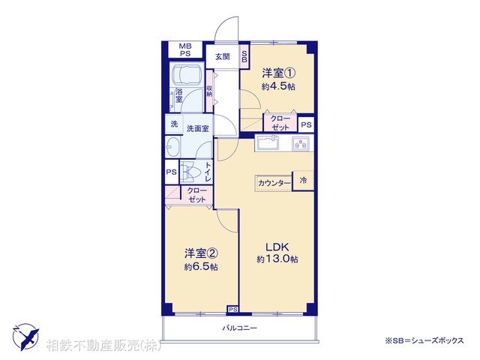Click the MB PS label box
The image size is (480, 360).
pyautogui.click(x=184, y=49)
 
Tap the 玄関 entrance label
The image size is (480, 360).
pyautogui.click(x=222, y=56)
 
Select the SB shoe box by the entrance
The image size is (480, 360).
pyautogui.click(x=244, y=56)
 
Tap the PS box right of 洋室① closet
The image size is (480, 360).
pyautogui.click(x=306, y=124)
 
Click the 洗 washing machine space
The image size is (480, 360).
pyautogui.click(x=174, y=124)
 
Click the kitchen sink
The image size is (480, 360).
pyautogui.click(x=268, y=143)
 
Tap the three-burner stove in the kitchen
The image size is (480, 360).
pyautogui.click(x=301, y=143)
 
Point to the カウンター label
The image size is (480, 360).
pyautogui.click(x=274, y=183)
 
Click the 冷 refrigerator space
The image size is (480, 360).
pyautogui.click(x=303, y=181)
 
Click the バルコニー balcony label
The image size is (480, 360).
pyautogui.click(x=240, y=328)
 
